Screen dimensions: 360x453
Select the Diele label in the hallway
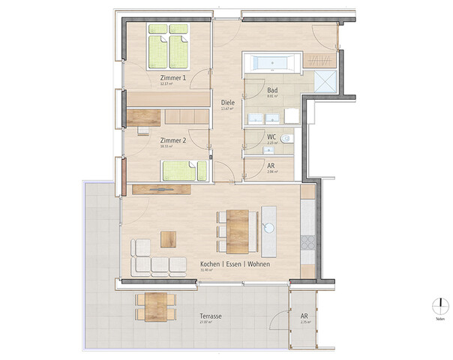[x=228, y=103]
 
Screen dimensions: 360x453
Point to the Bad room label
[x=272, y=91]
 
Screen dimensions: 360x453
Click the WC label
[x=272, y=137]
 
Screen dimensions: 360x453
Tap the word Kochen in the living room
[x=210, y=265]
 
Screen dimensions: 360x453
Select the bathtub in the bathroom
[x=272, y=62]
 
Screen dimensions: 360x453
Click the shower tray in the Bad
[x=326, y=82]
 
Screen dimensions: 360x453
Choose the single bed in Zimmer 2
[x=185, y=171]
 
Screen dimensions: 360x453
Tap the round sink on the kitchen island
[x=268, y=226]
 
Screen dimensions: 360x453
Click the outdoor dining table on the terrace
[x=156, y=304]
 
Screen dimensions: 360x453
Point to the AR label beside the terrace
[x=304, y=316]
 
